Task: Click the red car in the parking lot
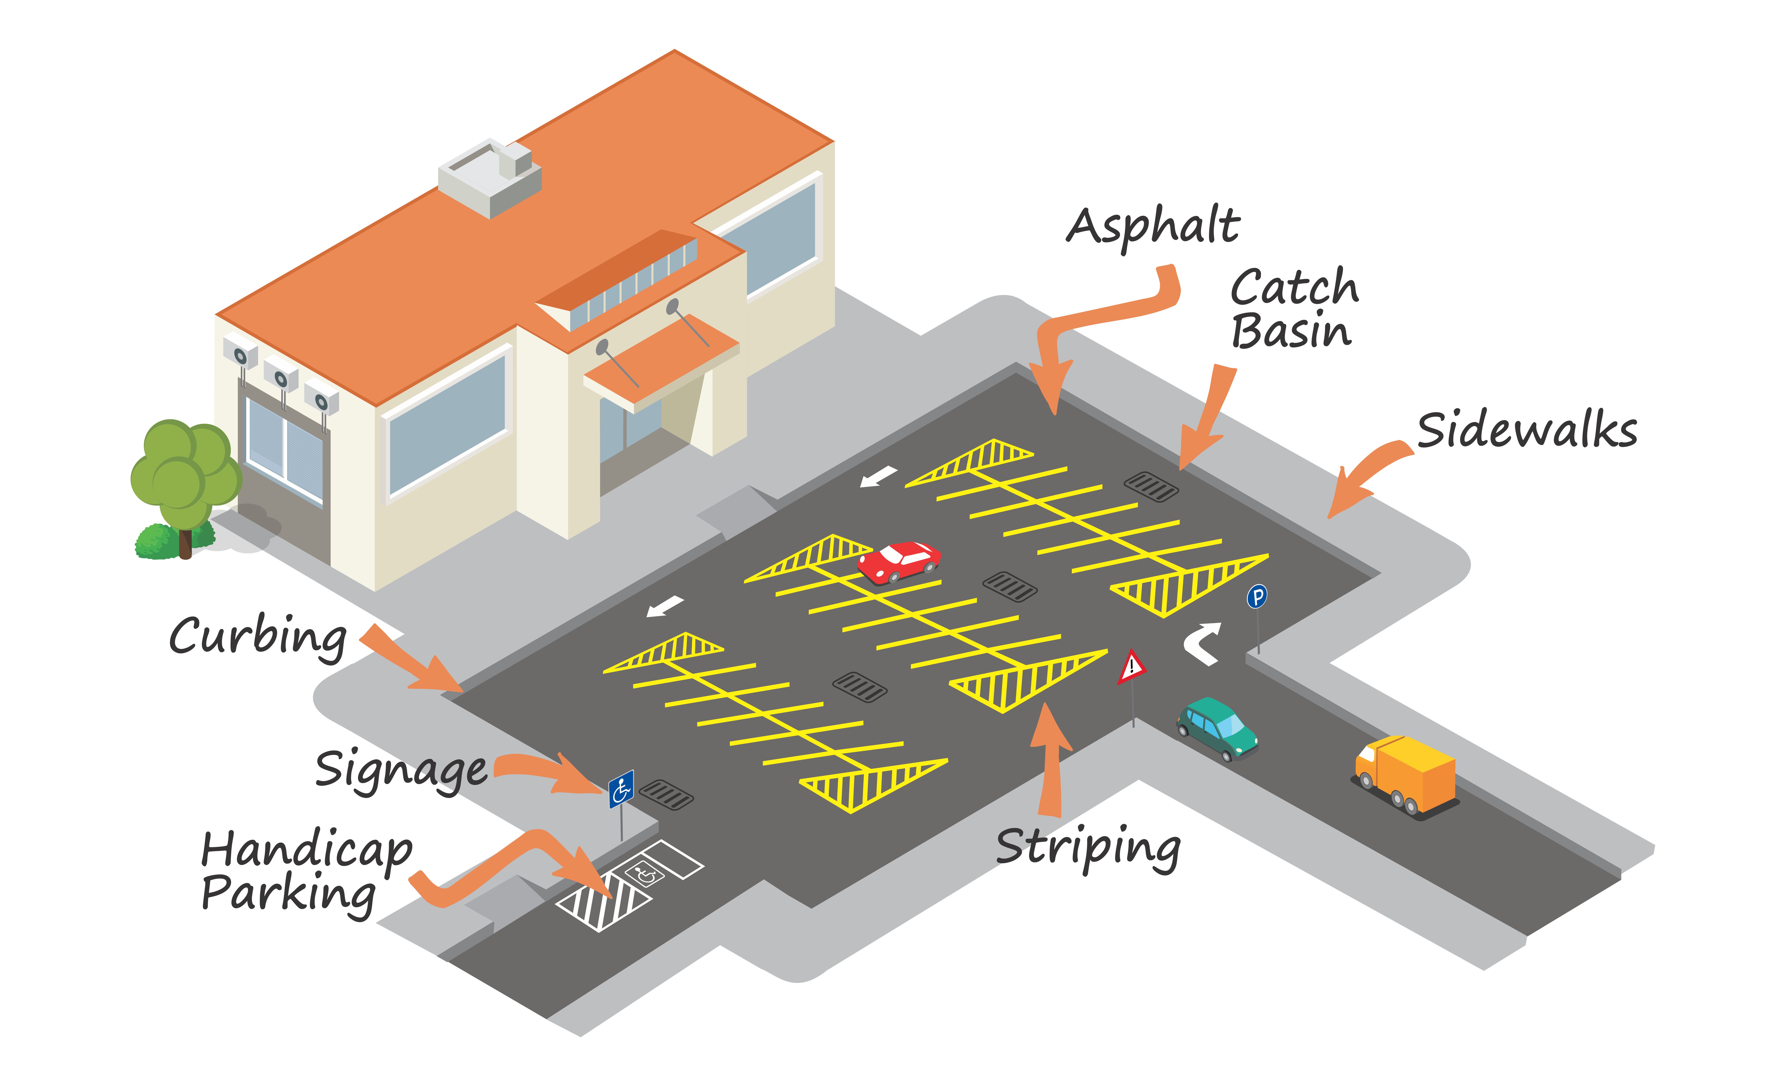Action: click(899, 561)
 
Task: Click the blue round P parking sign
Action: click(1257, 597)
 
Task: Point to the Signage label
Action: click(401, 770)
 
